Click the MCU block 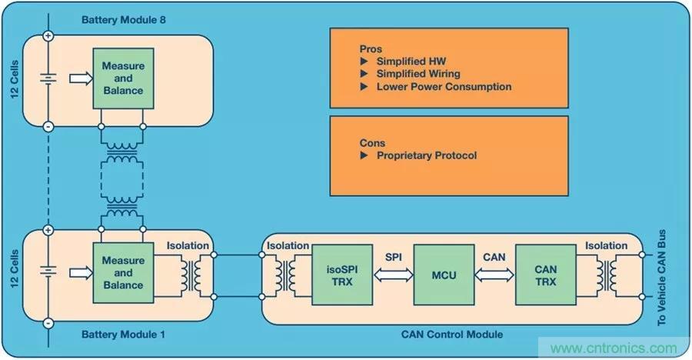(438, 275)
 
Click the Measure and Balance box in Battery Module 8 (123, 78)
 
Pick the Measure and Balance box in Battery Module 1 (123, 272)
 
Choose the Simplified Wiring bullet (418, 74)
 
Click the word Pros (371, 48)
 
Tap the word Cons (372, 143)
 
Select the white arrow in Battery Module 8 (78, 78)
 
